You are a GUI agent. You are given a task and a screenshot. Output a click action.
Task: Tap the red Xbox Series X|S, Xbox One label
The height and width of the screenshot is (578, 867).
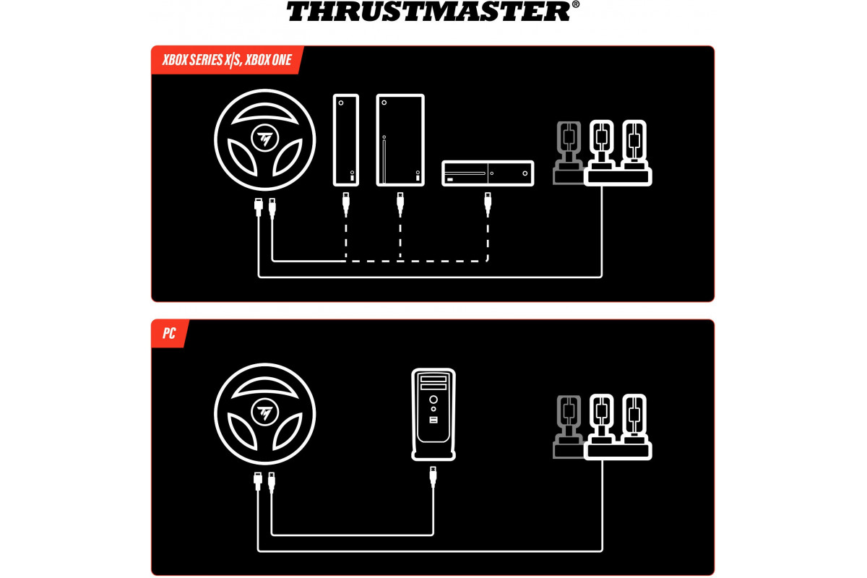pyautogui.click(x=227, y=60)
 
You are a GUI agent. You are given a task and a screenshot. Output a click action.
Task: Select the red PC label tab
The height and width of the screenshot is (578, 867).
pyautogui.click(x=170, y=333)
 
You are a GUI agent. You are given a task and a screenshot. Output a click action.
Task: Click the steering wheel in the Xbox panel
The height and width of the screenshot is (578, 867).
pyautogui.click(x=264, y=139)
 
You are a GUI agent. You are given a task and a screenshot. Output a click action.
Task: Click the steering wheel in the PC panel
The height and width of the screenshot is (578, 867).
pyautogui.click(x=264, y=414)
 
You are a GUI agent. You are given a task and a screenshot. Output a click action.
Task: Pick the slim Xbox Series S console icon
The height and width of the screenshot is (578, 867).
pyautogui.click(x=346, y=140)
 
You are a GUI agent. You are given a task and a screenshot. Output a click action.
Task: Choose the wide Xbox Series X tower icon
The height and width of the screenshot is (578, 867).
pyautogui.click(x=400, y=140)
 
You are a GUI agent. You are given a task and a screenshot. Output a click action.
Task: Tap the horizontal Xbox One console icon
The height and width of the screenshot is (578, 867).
pyautogui.click(x=488, y=173)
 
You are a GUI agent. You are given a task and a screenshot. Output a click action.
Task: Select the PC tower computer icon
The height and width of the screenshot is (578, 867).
pyautogui.click(x=433, y=414)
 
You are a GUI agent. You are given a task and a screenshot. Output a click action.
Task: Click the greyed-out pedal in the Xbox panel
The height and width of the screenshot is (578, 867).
pyautogui.click(x=568, y=153)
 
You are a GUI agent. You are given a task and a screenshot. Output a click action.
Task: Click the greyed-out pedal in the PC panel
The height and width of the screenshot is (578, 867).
pyautogui.click(x=568, y=427)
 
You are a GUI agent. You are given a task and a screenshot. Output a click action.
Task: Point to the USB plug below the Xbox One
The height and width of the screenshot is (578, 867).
pyautogui.click(x=488, y=204)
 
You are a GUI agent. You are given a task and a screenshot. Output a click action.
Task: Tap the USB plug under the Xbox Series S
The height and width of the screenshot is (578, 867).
pyautogui.click(x=346, y=204)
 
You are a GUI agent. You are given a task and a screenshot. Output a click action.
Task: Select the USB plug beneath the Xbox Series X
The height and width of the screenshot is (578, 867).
pyautogui.click(x=400, y=204)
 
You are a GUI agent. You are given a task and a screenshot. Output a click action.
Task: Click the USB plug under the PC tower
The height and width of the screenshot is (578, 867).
pyautogui.click(x=433, y=477)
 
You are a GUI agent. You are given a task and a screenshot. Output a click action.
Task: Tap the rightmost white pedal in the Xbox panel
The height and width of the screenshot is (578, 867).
pyautogui.click(x=634, y=145)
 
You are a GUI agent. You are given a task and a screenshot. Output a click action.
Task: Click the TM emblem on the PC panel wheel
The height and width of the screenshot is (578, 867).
pyautogui.click(x=264, y=413)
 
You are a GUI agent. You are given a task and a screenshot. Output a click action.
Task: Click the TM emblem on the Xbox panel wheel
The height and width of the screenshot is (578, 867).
pyautogui.click(x=264, y=138)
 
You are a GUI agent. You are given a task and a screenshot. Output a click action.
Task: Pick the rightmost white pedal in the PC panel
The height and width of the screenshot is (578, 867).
pyautogui.click(x=634, y=419)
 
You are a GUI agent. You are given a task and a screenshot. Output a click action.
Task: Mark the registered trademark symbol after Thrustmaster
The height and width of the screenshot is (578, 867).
pyautogui.click(x=576, y=4)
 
